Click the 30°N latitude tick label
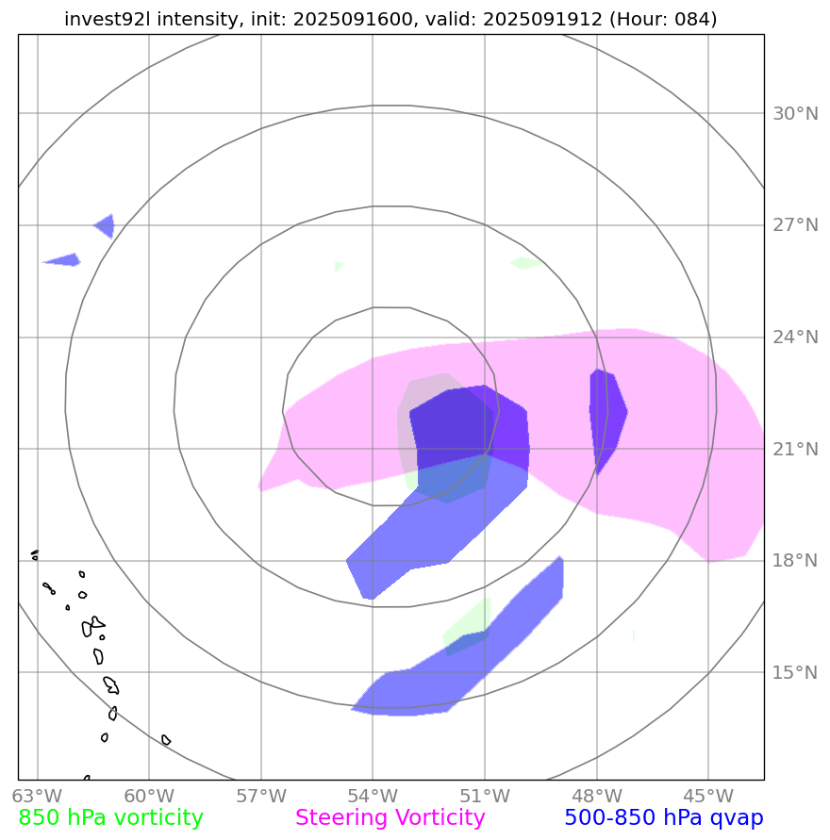pyautogui.click(x=795, y=114)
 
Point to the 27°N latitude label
pyautogui.click(x=795, y=225)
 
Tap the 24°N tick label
pyautogui.click(x=795, y=338)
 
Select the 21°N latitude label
pyautogui.click(x=795, y=449)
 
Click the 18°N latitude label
pyautogui.click(x=795, y=561)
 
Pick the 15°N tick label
pyautogui.click(x=795, y=672)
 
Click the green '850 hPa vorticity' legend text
pyautogui.click(x=111, y=818)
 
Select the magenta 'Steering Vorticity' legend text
pyautogui.click(x=390, y=818)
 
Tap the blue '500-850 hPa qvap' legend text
pyautogui.click(x=663, y=818)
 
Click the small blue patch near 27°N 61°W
pyautogui.click(x=106, y=226)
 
